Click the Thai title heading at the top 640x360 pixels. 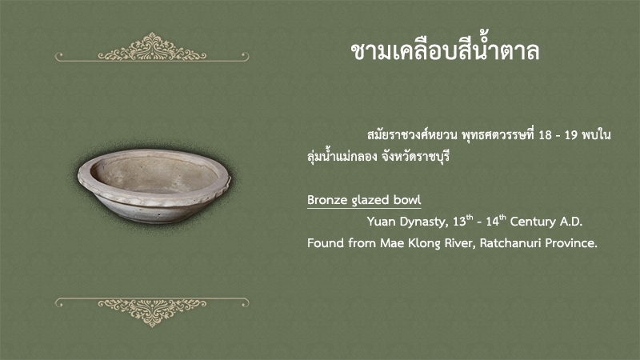point(445,50)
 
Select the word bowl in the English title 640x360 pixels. point(407,200)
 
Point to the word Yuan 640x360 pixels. point(382,222)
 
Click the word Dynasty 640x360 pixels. point(424,222)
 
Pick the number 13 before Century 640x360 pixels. point(459,222)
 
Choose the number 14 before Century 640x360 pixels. point(492,222)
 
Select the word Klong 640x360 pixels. point(425,244)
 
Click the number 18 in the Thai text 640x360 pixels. point(545,135)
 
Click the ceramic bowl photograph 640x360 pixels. point(154,186)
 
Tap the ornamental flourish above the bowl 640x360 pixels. point(152,47)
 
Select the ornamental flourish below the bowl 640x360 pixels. point(152,312)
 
